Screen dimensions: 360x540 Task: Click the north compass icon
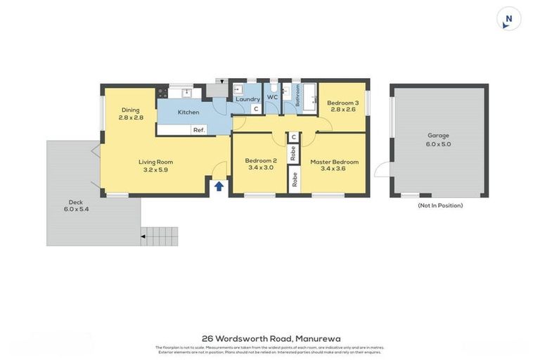click(508, 19)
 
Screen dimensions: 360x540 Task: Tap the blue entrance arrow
click(219, 186)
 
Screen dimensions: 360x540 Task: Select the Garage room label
click(438, 136)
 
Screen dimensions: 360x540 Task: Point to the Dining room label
click(130, 110)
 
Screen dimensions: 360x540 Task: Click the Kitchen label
click(188, 112)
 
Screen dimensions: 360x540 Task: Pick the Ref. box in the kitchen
click(199, 130)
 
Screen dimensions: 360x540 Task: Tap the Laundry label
click(247, 99)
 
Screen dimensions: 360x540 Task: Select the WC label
click(272, 98)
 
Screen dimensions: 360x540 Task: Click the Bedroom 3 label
click(342, 103)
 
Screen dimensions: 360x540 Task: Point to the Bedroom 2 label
click(261, 160)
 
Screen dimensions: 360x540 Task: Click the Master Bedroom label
click(334, 162)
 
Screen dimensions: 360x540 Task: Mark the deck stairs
click(160, 236)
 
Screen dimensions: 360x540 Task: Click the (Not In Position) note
click(440, 205)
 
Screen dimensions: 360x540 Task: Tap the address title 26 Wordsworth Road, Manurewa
click(270, 338)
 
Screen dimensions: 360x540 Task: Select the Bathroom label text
click(297, 95)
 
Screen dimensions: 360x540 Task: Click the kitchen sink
click(186, 92)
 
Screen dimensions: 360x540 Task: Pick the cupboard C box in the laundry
click(256, 109)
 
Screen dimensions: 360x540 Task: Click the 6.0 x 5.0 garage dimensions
click(438, 144)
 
